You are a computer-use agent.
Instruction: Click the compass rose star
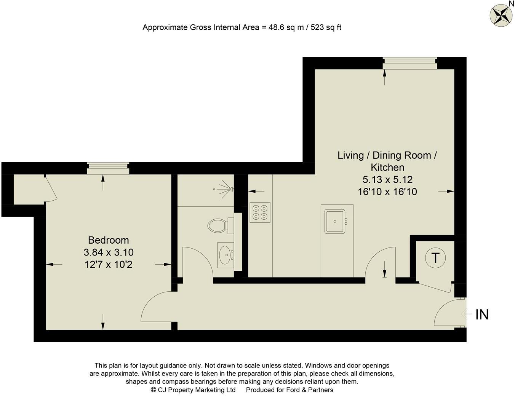click(x=499, y=15)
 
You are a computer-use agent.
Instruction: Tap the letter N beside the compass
click(x=511, y=3)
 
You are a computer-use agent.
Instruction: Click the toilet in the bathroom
click(x=221, y=225)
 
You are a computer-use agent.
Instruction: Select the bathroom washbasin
click(x=226, y=255)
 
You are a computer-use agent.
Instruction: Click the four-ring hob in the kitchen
click(x=260, y=212)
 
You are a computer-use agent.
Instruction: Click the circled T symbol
click(x=435, y=258)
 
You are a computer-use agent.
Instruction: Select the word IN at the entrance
click(x=482, y=315)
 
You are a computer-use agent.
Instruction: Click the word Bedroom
click(x=109, y=240)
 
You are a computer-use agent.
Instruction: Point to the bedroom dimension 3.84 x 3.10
click(x=109, y=252)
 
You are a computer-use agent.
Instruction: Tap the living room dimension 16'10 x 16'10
click(x=387, y=192)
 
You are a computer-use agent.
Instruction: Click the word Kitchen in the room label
click(x=387, y=168)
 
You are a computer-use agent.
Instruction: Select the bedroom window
click(x=108, y=168)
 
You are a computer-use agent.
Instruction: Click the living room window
click(x=410, y=63)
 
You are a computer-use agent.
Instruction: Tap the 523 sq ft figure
click(x=326, y=27)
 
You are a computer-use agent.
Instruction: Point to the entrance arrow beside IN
click(x=467, y=314)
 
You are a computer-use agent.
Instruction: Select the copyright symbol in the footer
click(x=154, y=390)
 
